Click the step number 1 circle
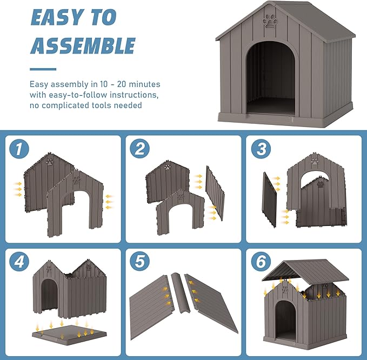coord(19,149)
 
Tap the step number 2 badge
coord(140,149)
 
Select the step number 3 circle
coord(261,149)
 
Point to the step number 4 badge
coord(19,261)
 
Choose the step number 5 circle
coord(140,261)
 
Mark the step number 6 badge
coord(261,261)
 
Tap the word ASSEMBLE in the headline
coord(83,45)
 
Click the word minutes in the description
coord(144,84)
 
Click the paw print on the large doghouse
coord(271,22)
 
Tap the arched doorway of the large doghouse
coord(271,78)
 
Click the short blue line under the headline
coord(43,69)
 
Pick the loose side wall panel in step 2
coord(215,193)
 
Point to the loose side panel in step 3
coord(269,199)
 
